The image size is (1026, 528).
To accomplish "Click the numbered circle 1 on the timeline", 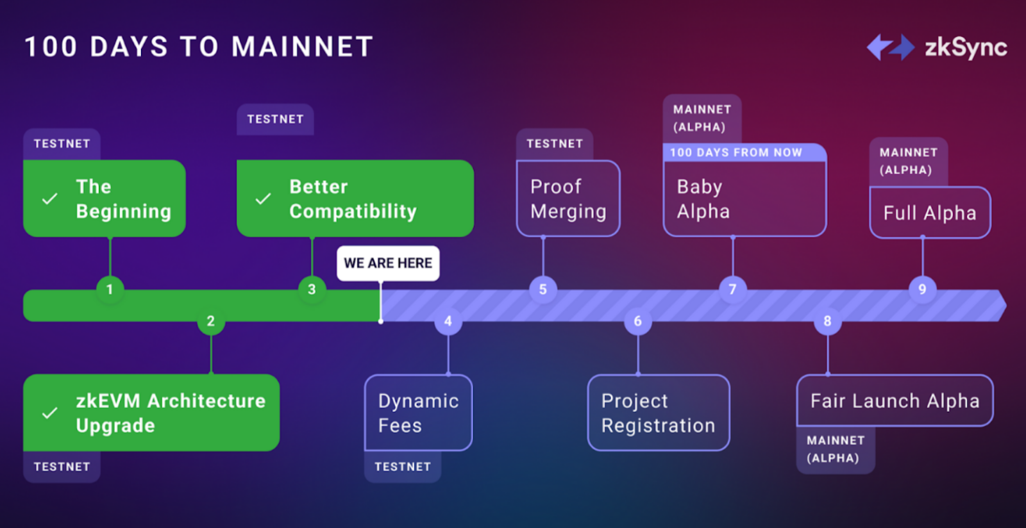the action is tap(110, 289).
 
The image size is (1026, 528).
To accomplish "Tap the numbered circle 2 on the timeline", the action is tap(211, 321).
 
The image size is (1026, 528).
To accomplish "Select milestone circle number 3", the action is tap(312, 289).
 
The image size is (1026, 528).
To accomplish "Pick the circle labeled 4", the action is tap(448, 321).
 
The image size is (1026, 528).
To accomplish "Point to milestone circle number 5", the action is tap(542, 289).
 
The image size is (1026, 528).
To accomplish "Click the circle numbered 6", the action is tap(637, 321).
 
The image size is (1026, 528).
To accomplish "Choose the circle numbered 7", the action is tap(732, 289).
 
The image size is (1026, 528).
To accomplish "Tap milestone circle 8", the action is tap(827, 321).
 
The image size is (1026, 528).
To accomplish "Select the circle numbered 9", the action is tap(922, 289).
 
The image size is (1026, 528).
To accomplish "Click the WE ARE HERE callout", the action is tap(388, 263).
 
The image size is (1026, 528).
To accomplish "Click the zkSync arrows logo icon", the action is tap(891, 47).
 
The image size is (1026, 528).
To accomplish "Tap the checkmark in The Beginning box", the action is tap(49, 199).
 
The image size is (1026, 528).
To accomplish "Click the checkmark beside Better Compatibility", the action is tap(263, 199).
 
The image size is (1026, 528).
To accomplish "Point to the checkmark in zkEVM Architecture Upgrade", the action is tap(49, 413).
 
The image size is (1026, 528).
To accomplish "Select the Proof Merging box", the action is tap(568, 199).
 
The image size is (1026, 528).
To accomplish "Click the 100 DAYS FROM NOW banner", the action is tap(744, 153).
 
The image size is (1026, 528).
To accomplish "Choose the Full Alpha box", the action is tap(930, 212).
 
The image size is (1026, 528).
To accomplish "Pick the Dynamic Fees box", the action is tap(418, 413).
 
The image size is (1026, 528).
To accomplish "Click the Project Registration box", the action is tap(658, 413).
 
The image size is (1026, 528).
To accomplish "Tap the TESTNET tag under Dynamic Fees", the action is tap(403, 466).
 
